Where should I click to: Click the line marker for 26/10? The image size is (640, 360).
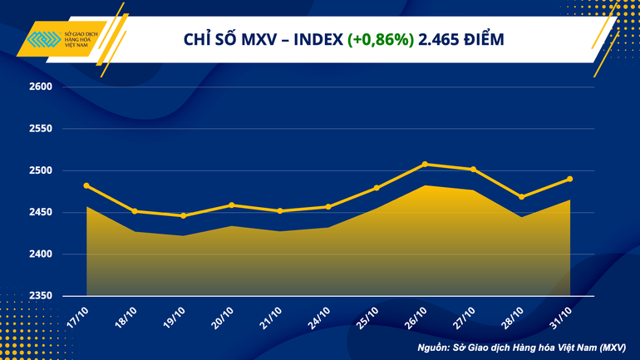(425, 164)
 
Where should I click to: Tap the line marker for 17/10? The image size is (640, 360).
(86, 185)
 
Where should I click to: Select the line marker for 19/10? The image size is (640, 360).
(183, 215)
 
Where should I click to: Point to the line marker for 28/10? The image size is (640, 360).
(521, 197)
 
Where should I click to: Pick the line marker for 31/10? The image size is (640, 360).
(569, 179)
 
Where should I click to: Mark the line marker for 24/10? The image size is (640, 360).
(328, 206)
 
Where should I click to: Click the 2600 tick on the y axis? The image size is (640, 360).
(42, 87)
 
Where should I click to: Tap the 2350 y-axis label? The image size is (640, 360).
(42, 296)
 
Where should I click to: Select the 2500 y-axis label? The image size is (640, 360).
(42, 170)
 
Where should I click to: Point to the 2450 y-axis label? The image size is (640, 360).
(42, 213)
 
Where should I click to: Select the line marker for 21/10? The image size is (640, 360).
(280, 211)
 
